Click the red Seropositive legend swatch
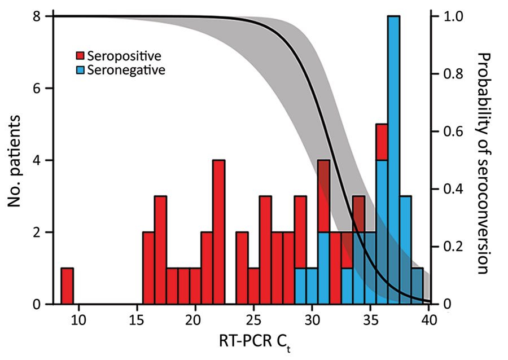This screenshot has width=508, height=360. (80, 56)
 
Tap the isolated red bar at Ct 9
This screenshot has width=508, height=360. (67, 286)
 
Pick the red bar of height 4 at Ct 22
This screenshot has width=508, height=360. (218, 232)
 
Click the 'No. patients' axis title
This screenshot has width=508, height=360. (15, 160)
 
